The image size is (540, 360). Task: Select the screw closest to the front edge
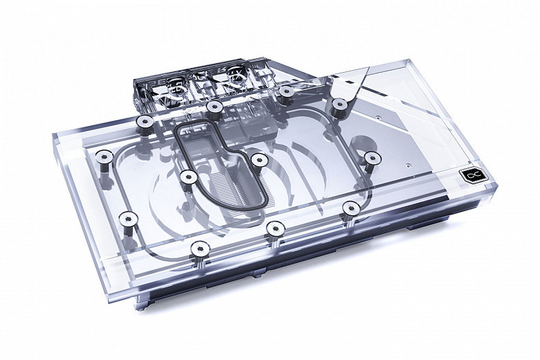click(198, 247)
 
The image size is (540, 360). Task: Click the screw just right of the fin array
click(259, 160)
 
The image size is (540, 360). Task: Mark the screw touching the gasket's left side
click(186, 176)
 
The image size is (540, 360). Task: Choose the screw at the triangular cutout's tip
click(339, 104)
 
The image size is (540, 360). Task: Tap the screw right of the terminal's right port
click(285, 90)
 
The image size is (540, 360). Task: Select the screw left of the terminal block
click(145, 122)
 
